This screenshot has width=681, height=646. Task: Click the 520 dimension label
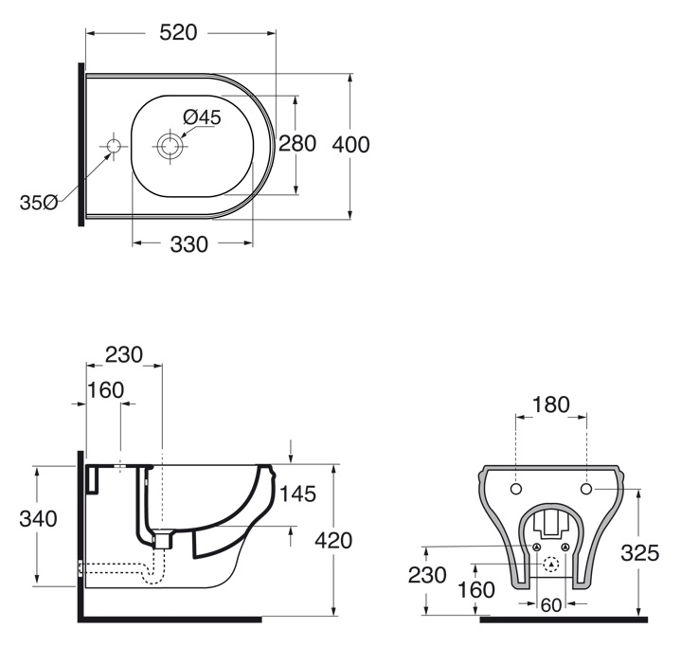178,32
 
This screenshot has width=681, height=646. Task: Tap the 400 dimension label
351,145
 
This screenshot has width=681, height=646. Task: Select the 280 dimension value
297,144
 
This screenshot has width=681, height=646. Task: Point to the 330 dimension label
188,244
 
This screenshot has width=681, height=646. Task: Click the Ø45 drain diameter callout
202,117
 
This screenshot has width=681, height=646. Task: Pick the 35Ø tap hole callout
38,203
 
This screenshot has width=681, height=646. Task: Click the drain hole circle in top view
170,147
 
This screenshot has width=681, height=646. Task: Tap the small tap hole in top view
115,147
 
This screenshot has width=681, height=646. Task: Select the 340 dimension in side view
38,519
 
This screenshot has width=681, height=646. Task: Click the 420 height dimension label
333,541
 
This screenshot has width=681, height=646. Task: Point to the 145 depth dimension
297,493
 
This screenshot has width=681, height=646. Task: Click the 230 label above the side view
124,355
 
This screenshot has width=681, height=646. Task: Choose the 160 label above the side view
105,390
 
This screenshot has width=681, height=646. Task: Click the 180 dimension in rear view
550,404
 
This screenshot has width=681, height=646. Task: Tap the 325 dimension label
640,553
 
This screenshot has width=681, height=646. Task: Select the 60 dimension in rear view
551,605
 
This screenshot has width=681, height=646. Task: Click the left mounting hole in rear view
516,489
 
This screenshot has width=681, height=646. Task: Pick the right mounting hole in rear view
586,489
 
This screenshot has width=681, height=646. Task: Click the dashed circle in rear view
551,565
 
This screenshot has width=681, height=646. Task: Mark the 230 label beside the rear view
427,575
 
